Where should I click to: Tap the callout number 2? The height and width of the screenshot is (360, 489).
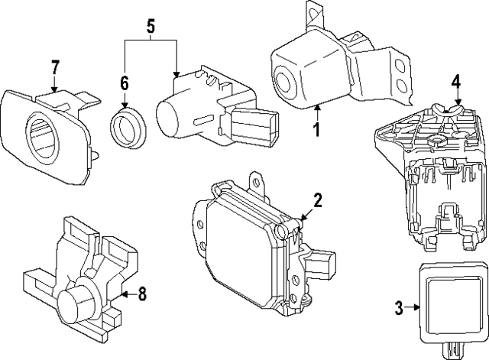click(318, 202)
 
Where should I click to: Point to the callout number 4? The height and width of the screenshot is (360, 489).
click(456, 82)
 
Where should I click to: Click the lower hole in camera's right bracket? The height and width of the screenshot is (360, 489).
click(398, 85)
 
